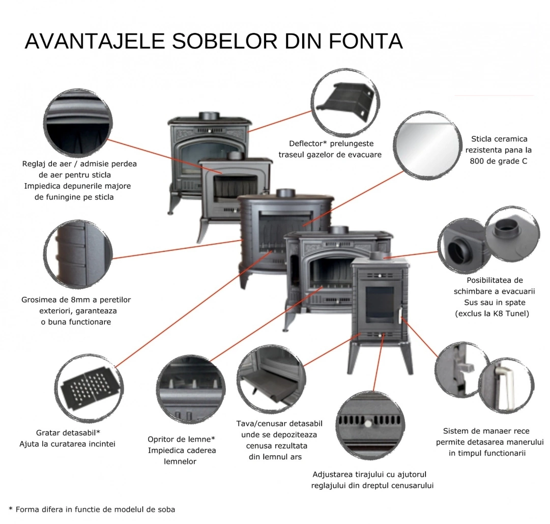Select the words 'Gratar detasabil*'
click(68, 433)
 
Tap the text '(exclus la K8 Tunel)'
click(491, 313)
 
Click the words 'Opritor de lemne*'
click(182, 439)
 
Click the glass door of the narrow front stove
click(380, 304)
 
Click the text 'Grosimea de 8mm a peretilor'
click(76, 300)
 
